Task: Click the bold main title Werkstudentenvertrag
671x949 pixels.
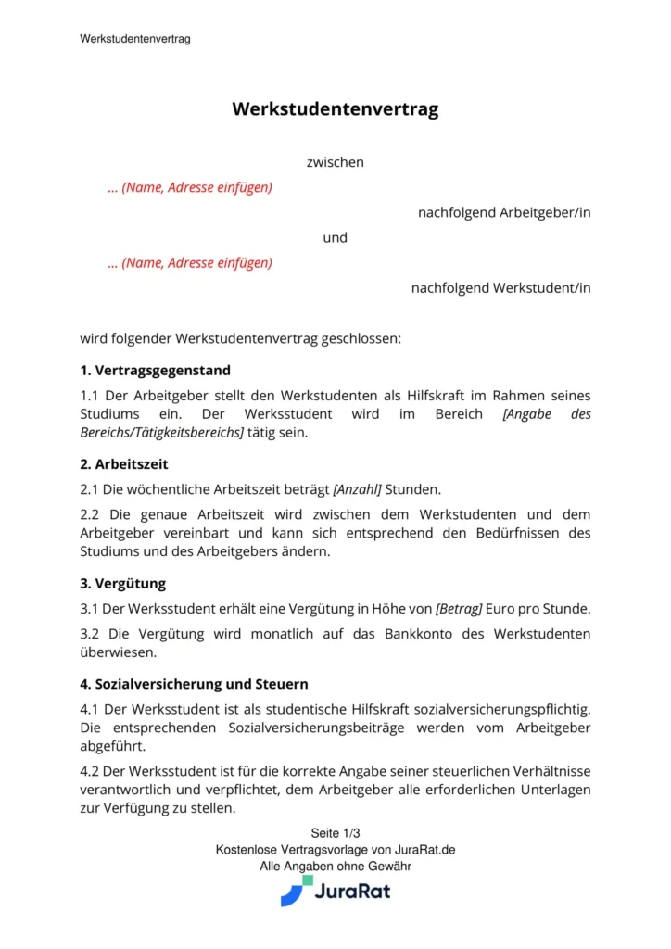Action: (x=335, y=109)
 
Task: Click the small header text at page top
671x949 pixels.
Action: (x=135, y=39)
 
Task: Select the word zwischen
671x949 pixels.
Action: (x=335, y=162)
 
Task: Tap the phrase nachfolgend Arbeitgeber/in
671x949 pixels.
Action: (x=504, y=212)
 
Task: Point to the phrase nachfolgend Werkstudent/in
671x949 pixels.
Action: (x=500, y=287)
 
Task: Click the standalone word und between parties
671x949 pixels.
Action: (x=335, y=237)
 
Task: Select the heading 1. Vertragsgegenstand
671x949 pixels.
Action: (x=156, y=370)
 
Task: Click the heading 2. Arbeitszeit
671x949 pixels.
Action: (x=124, y=463)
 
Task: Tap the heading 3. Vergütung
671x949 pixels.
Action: (x=123, y=584)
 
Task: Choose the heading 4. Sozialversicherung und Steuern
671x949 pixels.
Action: (x=195, y=685)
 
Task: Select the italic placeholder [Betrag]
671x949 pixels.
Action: (x=459, y=609)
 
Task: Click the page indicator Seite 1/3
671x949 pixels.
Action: (x=335, y=833)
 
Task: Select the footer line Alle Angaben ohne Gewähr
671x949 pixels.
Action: (x=335, y=867)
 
